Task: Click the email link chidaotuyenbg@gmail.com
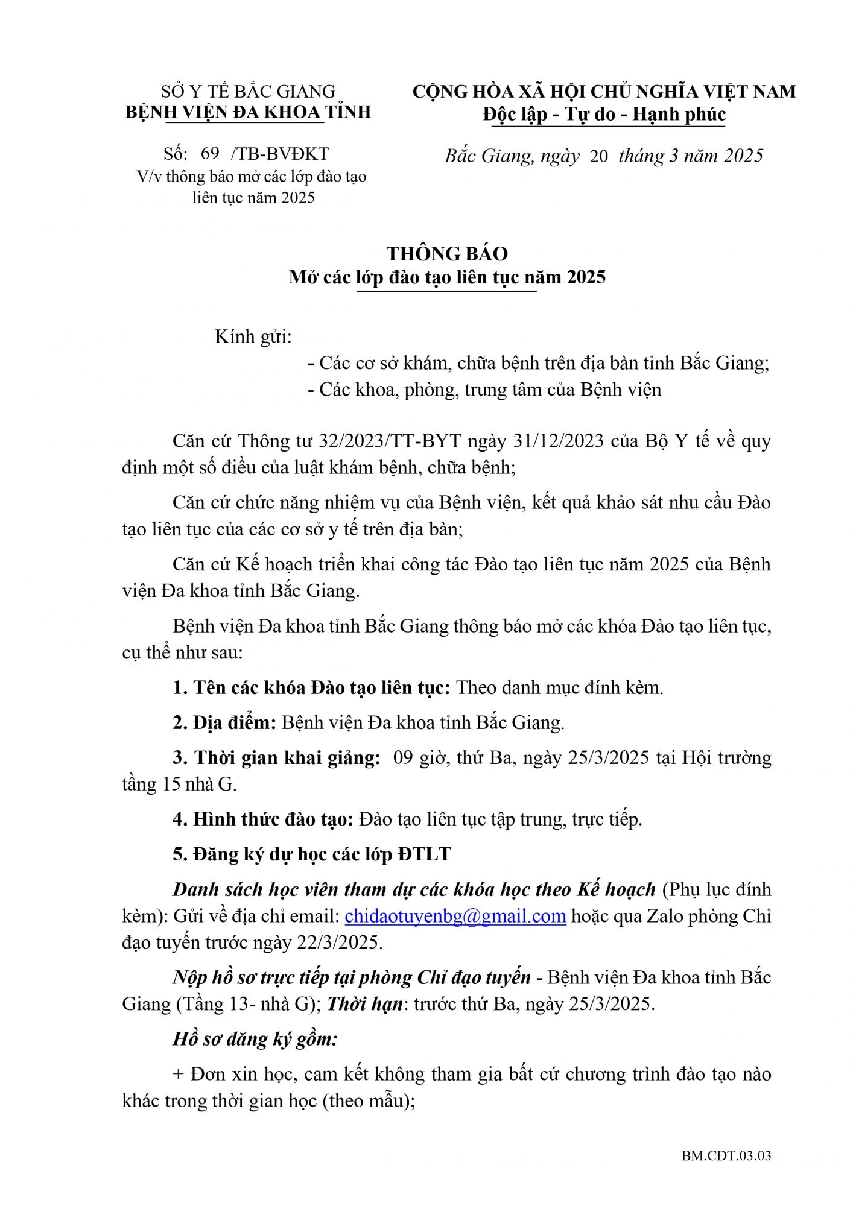point(455,916)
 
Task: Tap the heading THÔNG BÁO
point(447,253)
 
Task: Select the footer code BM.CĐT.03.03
point(726,1155)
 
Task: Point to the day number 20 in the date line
point(598,156)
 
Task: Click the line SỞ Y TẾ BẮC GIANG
point(248,92)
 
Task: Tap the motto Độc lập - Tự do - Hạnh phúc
point(604,114)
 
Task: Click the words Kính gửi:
point(253,336)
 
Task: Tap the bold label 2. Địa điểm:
point(224,722)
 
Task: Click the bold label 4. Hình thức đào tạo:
point(262,819)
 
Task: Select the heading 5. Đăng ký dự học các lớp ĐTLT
point(312,854)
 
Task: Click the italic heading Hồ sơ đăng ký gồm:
point(255,1038)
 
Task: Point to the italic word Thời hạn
point(364,1004)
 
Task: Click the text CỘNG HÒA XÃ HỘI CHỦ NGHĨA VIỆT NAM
point(604,92)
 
